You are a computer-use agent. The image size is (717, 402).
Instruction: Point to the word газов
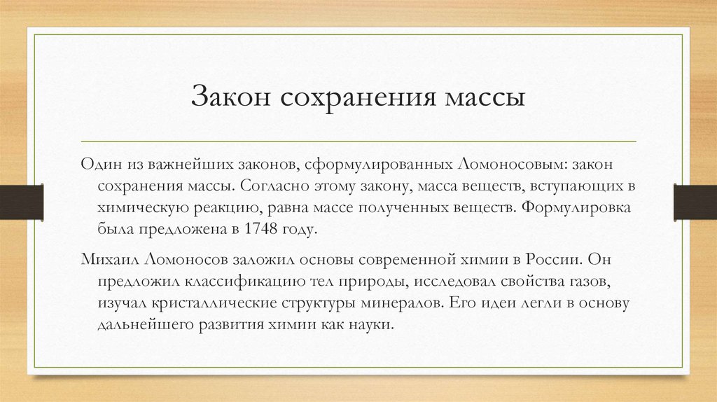(x=600, y=282)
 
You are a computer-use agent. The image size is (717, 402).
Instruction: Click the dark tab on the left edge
(x=21, y=201)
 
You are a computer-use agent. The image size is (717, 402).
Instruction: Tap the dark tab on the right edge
(x=695, y=201)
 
